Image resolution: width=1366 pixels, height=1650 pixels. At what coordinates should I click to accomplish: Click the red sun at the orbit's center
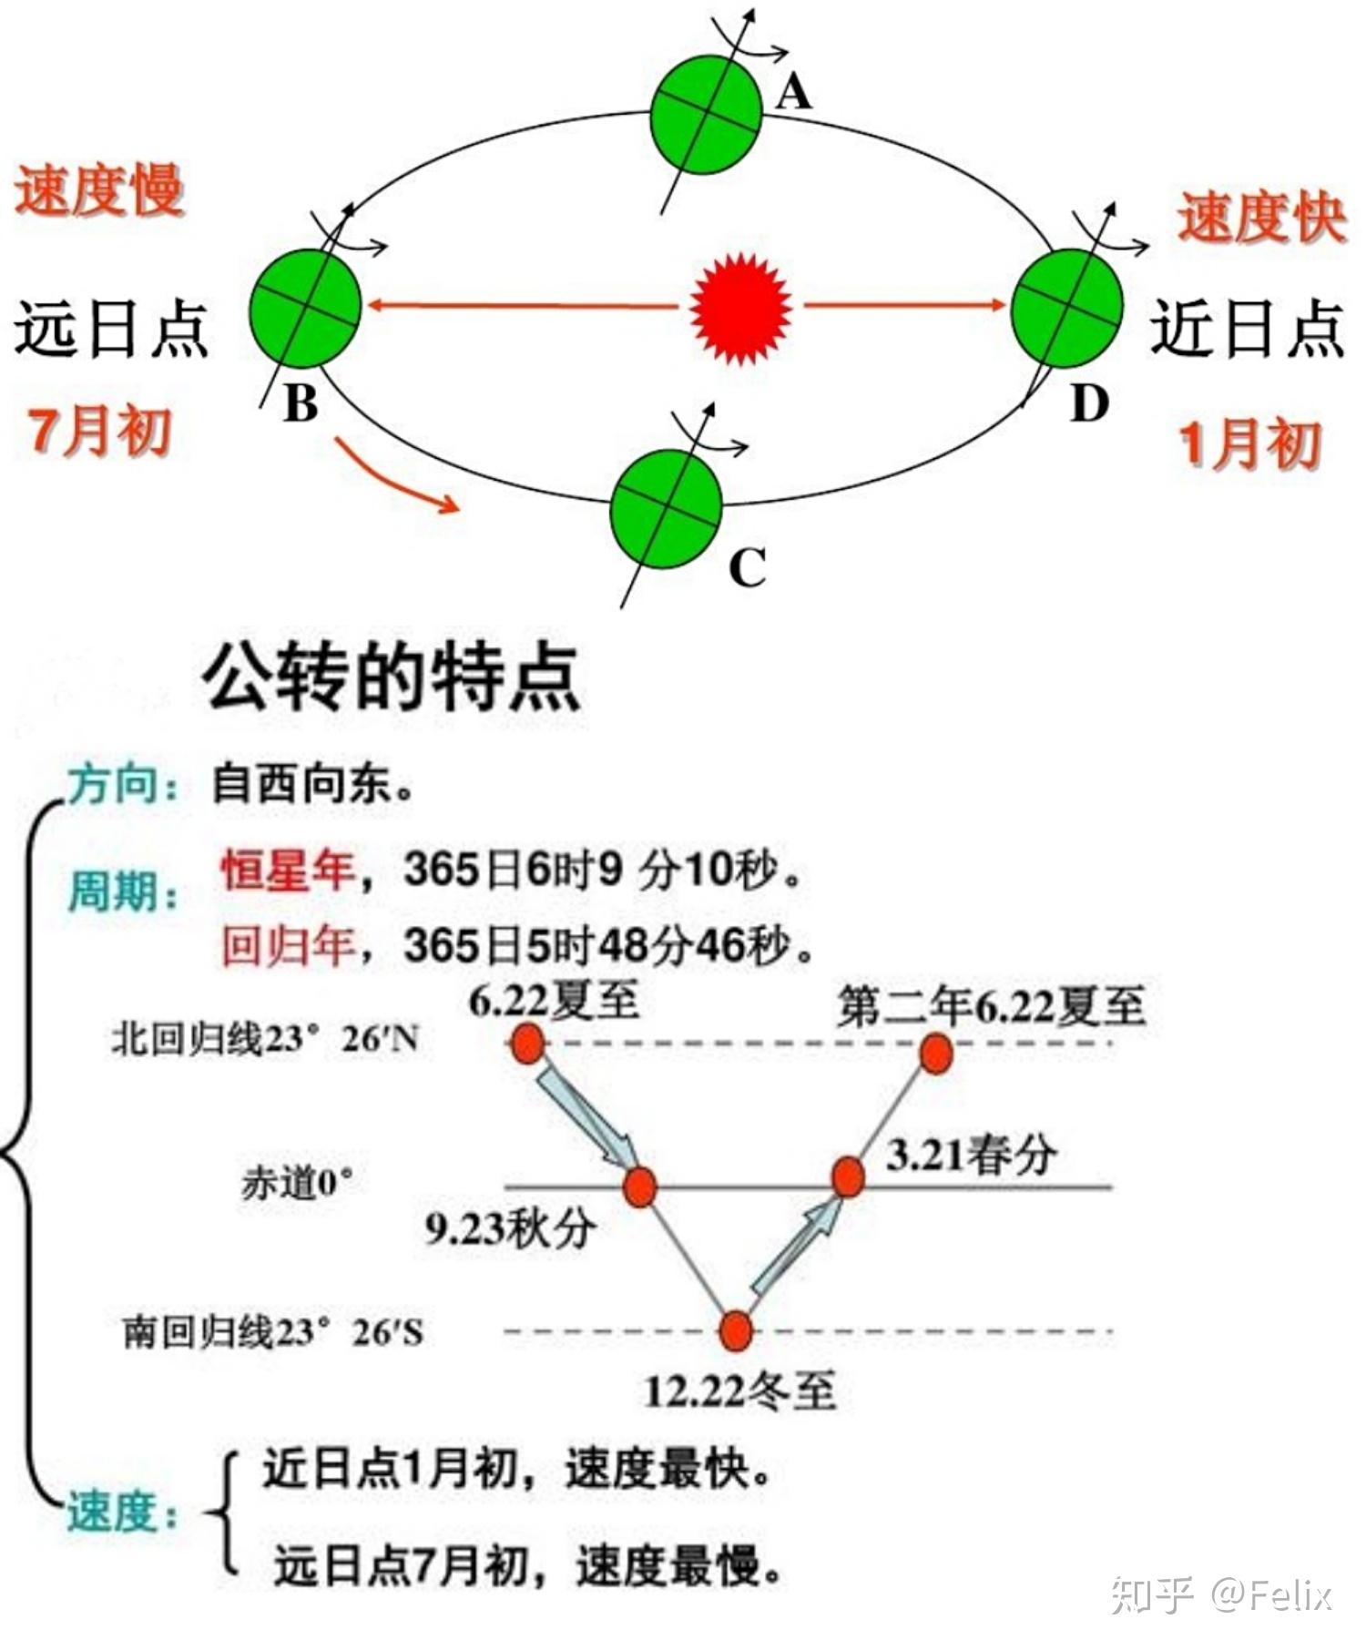(739, 309)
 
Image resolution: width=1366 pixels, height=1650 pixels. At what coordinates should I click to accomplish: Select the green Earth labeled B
(306, 307)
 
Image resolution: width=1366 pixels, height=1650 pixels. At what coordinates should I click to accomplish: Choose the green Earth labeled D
(1066, 308)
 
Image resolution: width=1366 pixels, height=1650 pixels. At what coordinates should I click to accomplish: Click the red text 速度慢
(98, 191)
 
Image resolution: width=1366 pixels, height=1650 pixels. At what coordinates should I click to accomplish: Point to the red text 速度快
(1261, 219)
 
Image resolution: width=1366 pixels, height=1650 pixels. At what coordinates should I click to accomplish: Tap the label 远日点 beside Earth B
(111, 330)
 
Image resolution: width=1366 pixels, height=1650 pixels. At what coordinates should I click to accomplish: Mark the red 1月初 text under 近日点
(1249, 445)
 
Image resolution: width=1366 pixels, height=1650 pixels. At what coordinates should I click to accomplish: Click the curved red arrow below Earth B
(396, 476)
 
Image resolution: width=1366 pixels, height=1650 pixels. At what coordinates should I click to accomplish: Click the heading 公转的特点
(392, 677)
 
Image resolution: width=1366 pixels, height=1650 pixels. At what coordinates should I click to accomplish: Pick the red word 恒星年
(287, 869)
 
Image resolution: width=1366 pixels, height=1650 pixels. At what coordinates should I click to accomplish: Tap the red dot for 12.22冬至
(736, 1330)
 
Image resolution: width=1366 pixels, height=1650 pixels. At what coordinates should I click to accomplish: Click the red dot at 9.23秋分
(639, 1187)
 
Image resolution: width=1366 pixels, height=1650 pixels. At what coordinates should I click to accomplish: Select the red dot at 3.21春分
(848, 1176)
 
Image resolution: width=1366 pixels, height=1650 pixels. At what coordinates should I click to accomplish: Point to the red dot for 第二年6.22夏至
(936, 1053)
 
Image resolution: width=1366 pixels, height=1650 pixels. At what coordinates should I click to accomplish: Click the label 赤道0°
(297, 1183)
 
